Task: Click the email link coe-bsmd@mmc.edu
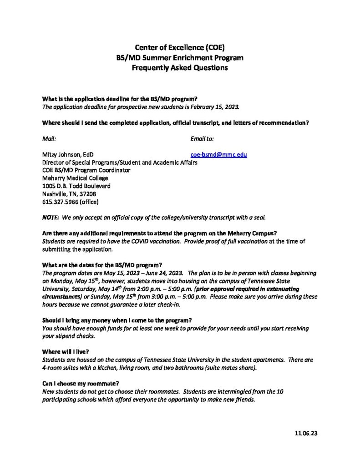tap(218, 154)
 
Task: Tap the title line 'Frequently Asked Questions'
tap(180, 68)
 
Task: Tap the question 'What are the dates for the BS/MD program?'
tap(102, 265)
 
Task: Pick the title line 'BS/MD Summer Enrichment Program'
tap(180, 58)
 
